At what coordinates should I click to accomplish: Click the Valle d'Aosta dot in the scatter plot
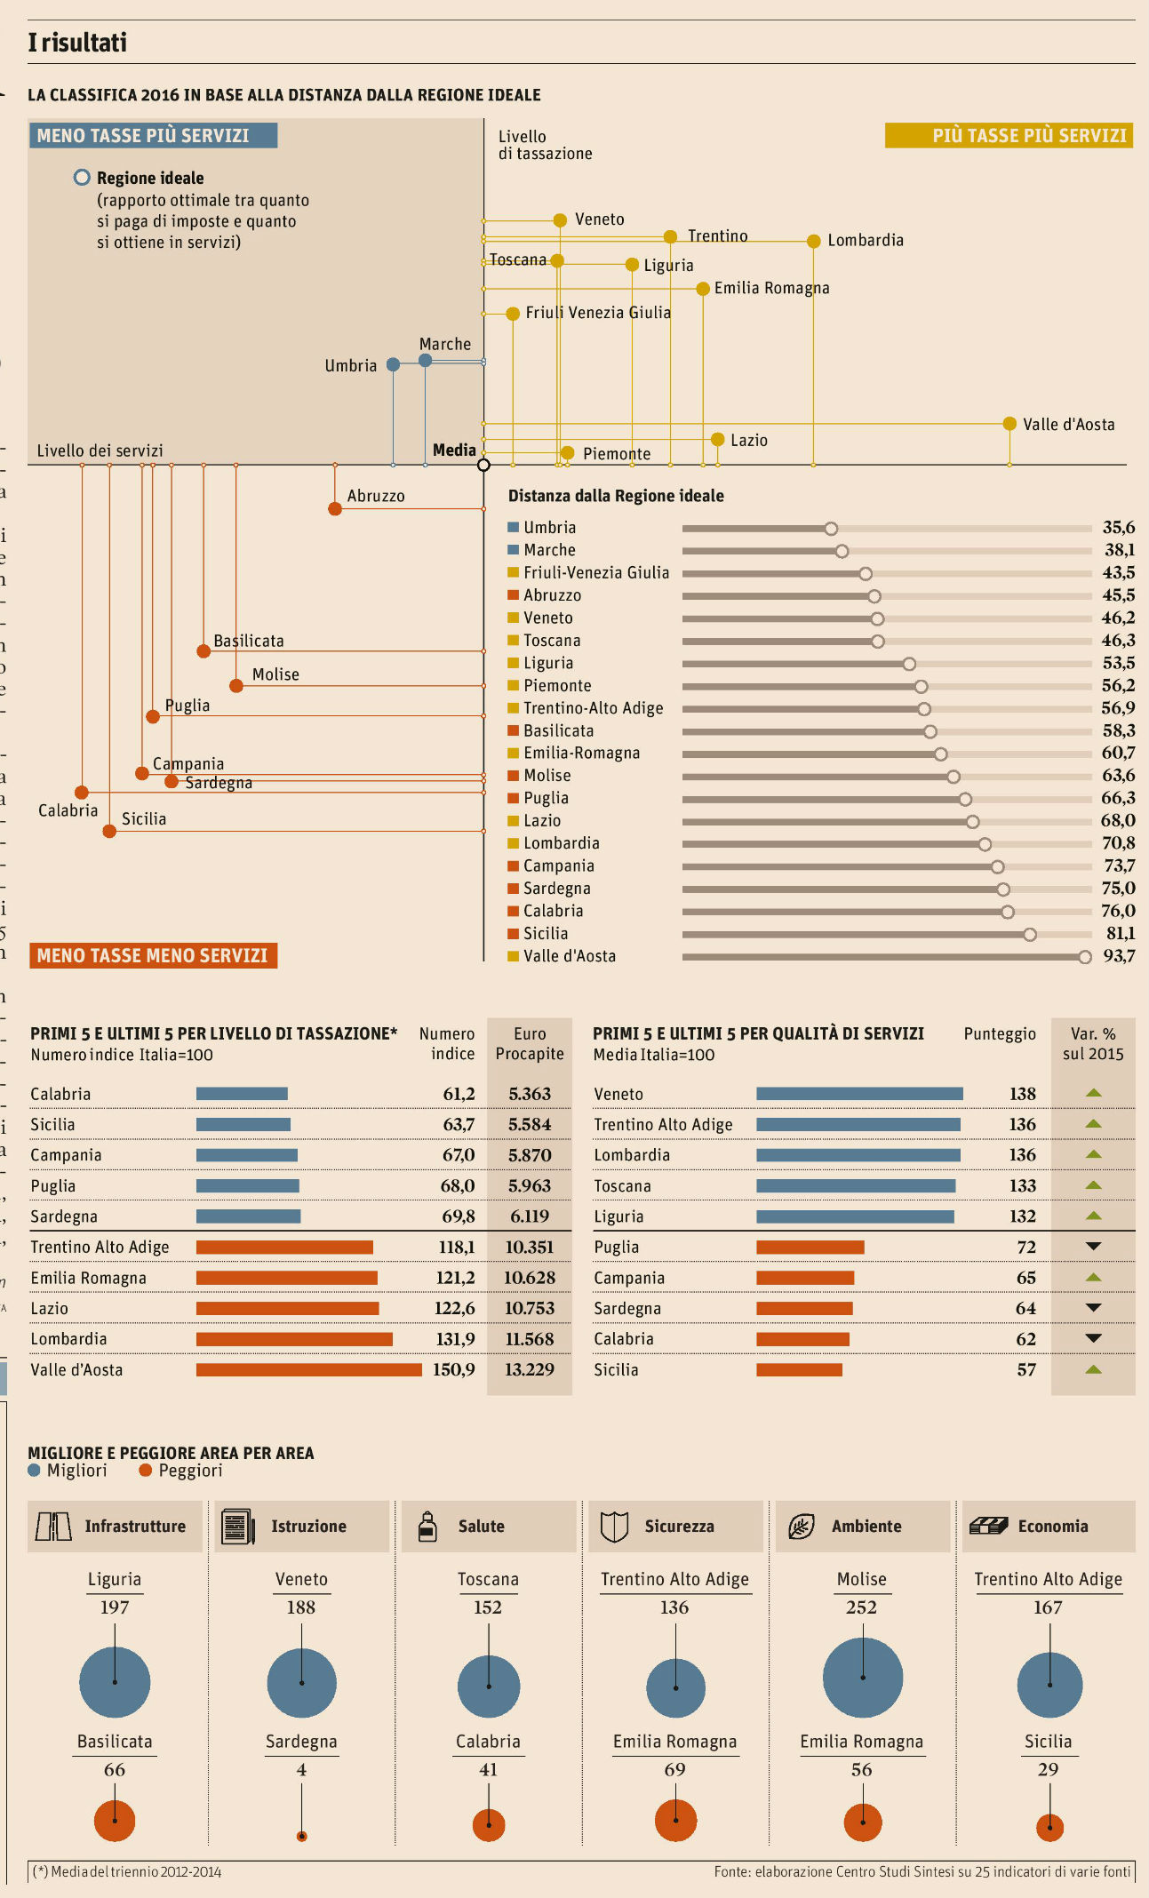[1009, 424]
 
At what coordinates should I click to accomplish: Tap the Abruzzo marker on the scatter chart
[335, 509]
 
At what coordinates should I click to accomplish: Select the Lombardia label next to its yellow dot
[865, 241]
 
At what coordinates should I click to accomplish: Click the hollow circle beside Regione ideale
[82, 178]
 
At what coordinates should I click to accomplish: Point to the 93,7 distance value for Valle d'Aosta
[1119, 956]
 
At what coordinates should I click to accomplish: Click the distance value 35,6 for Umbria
[1119, 528]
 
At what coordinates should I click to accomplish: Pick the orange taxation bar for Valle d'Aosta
[308, 1370]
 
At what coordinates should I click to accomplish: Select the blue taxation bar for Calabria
[242, 1094]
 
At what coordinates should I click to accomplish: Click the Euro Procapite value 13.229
[530, 1370]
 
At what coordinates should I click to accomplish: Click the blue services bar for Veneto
[859, 1094]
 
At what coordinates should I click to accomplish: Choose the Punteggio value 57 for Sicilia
[1026, 1370]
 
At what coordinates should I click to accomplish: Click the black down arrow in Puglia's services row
[1094, 1247]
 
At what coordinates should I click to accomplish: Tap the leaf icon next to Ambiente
[802, 1527]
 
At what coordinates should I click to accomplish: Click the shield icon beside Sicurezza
[614, 1527]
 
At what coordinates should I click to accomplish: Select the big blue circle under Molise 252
[863, 1678]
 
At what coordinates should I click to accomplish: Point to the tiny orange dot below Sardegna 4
[302, 1836]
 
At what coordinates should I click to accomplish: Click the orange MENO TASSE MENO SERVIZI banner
[153, 956]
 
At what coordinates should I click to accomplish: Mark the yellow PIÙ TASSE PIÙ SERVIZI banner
[1009, 136]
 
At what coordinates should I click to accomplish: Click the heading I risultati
[77, 43]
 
